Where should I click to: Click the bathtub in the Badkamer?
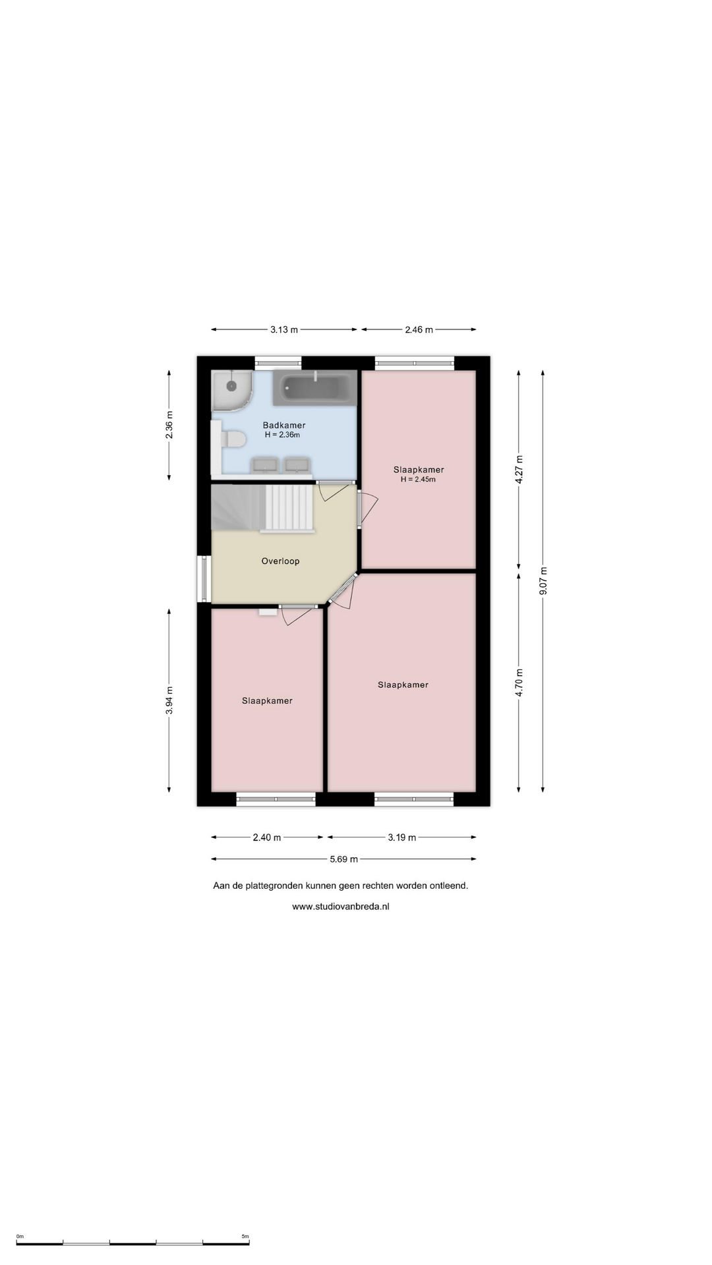click(314, 389)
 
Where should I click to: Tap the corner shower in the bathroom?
click(231, 389)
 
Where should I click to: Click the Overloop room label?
click(280, 561)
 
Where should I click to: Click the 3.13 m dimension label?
click(284, 329)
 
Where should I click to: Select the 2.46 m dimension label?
click(419, 329)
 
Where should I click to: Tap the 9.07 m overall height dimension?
click(543, 581)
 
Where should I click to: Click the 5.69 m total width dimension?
click(343, 859)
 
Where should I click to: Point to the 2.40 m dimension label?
click(267, 837)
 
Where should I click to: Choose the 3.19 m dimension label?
click(401, 837)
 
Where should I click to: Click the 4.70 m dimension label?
click(519, 683)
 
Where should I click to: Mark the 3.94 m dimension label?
click(169, 700)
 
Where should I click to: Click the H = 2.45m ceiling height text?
click(419, 480)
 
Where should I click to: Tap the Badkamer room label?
click(284, 425)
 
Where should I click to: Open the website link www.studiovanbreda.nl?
click(341, 907)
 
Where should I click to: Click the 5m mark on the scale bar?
click(245, 1237)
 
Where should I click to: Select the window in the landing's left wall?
click(204, 579)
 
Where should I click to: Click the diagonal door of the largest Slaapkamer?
click(343, 588)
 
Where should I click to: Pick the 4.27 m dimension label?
click(519, 470)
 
